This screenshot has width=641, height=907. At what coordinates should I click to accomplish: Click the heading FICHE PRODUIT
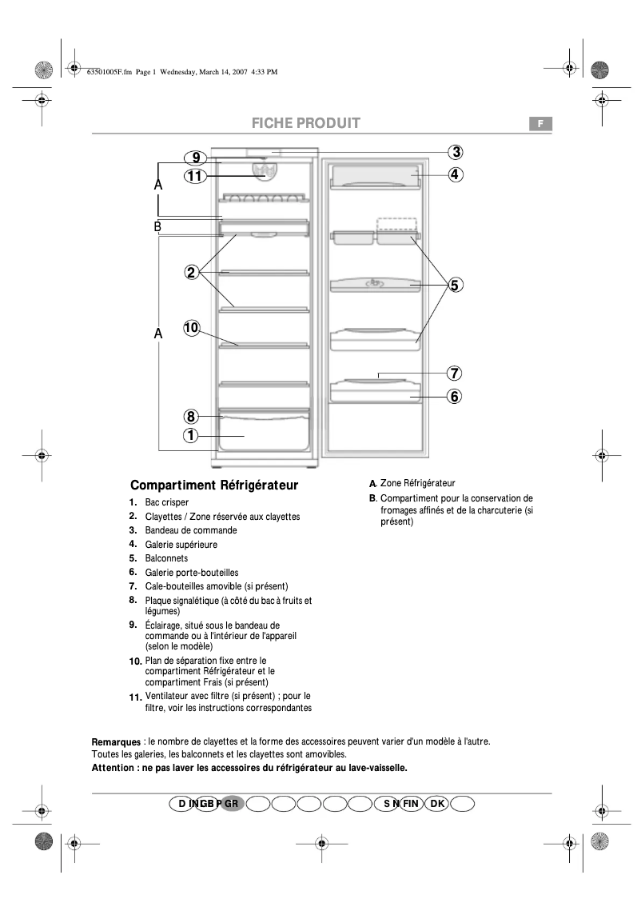click(306, 123)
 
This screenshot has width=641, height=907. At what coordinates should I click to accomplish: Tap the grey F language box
click(540, 123)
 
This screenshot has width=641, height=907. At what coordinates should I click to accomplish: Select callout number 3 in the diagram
click(453, 152)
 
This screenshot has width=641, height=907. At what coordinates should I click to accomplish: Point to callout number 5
click(453, 284)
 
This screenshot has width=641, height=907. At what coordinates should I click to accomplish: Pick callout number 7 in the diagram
click(453, 373)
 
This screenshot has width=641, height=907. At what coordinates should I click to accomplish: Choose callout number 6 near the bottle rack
click(453, 395)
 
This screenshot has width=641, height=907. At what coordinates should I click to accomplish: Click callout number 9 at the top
click(195, 158)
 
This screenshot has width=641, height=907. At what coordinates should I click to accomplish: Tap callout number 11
click(195, 176)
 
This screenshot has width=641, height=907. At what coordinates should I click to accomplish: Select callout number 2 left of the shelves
click(191, 272)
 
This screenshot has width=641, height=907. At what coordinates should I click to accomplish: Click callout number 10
click(191, 327)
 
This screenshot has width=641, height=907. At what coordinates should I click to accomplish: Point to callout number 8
click(191, 416)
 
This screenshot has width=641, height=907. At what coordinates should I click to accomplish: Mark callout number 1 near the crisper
click(191, 436)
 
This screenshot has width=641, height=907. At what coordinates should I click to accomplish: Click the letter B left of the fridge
click(158, 227)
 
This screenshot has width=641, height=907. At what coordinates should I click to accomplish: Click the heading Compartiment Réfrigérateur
click(214, 485)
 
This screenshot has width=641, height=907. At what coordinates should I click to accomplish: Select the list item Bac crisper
click(167, 502)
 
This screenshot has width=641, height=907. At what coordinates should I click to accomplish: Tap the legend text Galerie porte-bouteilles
click(192, 573)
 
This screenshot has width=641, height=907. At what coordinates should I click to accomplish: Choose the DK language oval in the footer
click(437, 803)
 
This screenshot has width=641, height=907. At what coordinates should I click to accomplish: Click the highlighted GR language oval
click(232, 803)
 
